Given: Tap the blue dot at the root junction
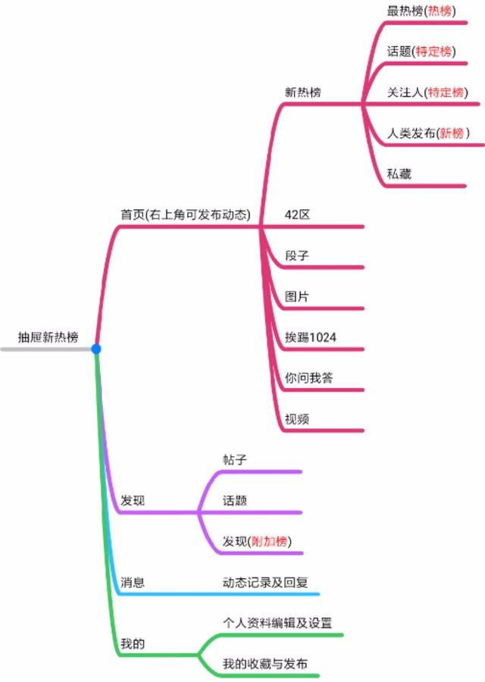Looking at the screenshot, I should pos(96,349).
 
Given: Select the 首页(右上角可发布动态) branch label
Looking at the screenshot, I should pos(185,214).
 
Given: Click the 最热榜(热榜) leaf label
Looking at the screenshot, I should pos(421,11).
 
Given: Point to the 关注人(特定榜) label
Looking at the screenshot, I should pos(425,92).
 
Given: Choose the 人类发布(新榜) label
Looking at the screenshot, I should pos(428,133).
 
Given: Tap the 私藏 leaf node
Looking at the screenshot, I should pos(399,174).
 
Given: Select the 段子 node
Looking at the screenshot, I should pos(297,255).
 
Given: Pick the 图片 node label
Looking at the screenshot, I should pos(297,296).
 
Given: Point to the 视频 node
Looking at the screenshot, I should pos(297,419).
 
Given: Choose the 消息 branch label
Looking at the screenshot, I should pos(133,582).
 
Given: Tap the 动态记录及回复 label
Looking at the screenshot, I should pos(265,582).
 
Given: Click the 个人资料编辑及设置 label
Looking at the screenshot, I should pos(277,623).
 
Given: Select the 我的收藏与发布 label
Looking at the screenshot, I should pos(265,664).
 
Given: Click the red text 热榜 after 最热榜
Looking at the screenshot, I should pos(440,11).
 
